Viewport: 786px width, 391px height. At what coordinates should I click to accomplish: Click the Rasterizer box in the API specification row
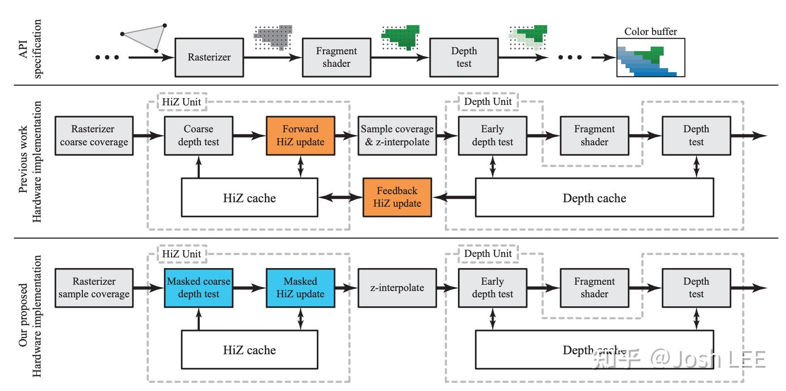209,57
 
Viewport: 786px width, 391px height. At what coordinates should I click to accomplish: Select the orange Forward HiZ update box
300,136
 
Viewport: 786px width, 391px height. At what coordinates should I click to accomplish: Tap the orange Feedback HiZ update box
397,197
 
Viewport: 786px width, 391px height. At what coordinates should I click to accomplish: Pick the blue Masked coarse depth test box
199,288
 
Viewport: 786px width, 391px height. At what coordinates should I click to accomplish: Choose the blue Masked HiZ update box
300,288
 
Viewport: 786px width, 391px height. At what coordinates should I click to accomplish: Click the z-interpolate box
397,288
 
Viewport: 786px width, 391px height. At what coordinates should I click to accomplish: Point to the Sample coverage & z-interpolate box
397,136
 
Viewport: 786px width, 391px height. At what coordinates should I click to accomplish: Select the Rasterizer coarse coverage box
94,136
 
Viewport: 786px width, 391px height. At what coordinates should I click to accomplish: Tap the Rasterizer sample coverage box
94,288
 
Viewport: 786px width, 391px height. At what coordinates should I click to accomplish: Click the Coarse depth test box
199,136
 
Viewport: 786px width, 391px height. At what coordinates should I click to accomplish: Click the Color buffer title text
651,31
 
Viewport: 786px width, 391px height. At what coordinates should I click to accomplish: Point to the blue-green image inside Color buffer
648,62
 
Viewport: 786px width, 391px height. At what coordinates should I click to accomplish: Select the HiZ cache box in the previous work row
250,198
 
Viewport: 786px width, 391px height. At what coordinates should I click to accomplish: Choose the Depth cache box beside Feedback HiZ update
594,198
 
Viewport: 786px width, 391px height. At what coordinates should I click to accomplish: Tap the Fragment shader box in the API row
336,57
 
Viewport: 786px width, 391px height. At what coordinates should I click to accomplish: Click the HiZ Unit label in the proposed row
181,254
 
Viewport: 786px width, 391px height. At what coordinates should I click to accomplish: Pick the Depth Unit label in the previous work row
488,102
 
